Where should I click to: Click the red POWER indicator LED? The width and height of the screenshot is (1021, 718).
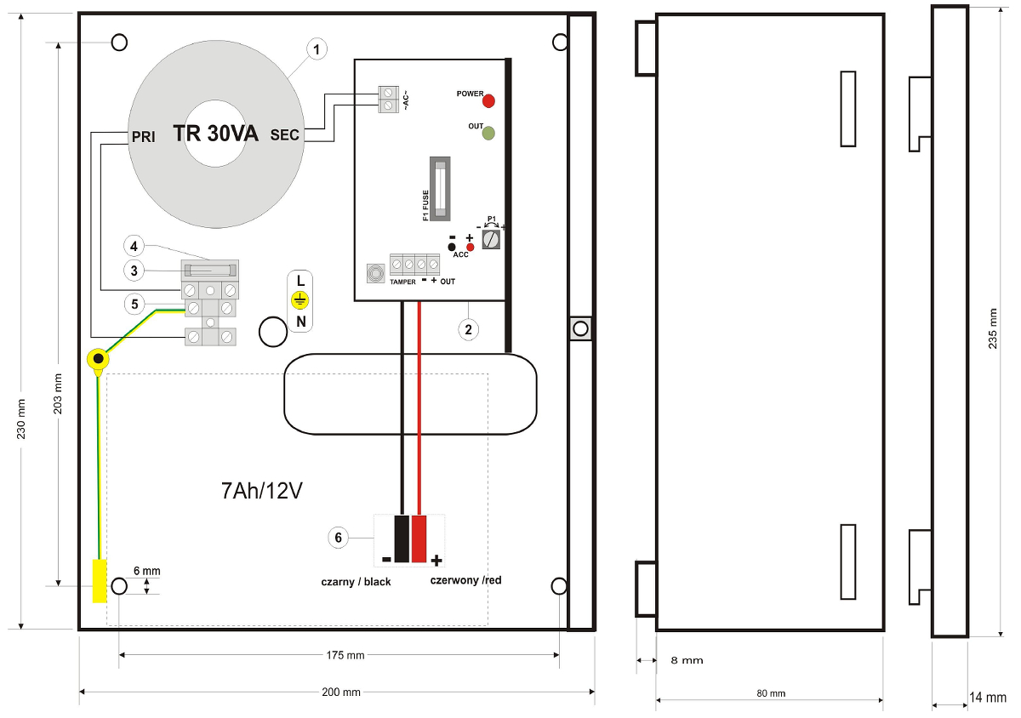488,100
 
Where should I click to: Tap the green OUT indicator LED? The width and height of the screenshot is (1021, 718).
488,133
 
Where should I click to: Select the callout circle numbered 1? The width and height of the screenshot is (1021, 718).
317,49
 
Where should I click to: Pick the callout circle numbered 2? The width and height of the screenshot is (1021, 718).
468,329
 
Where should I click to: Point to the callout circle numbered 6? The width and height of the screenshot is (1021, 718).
339,538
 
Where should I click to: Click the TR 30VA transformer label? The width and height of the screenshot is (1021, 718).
215,134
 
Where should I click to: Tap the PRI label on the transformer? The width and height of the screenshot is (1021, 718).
143,137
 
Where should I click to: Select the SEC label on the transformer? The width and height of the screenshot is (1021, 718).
285,135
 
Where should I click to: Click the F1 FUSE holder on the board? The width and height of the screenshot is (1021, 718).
440,189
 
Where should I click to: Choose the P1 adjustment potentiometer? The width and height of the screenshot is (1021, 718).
491,239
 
